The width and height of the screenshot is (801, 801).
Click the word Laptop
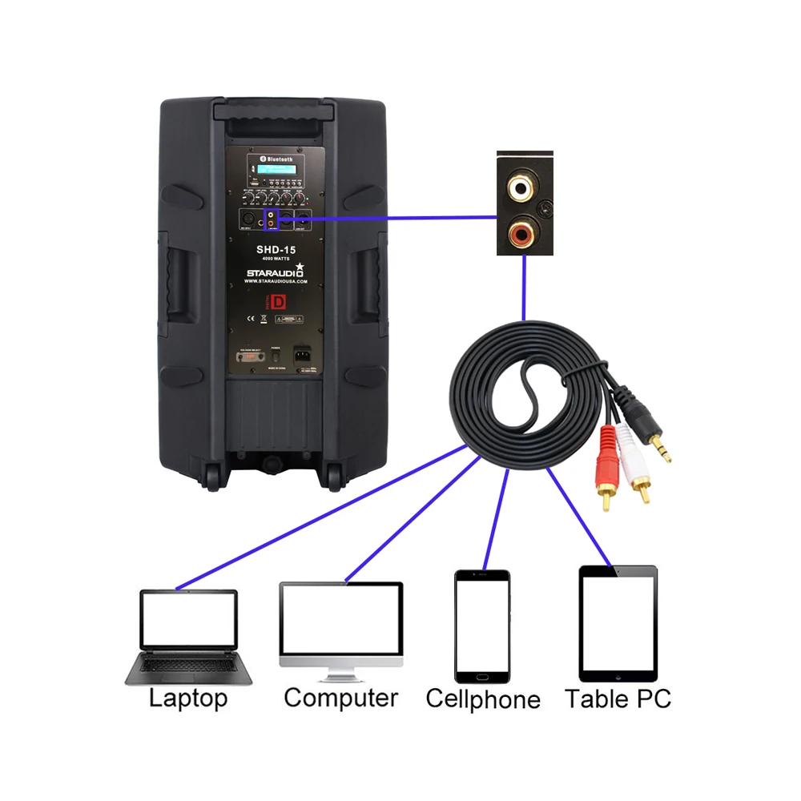click(188, 698)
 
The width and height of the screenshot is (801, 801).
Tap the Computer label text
click(340, 698)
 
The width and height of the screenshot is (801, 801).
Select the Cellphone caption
click(483, 698)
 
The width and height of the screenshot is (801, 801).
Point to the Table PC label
click(618, 698)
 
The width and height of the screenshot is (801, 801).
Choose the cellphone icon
click(482, 626)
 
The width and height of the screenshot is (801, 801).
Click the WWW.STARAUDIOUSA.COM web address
click(276, 282)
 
